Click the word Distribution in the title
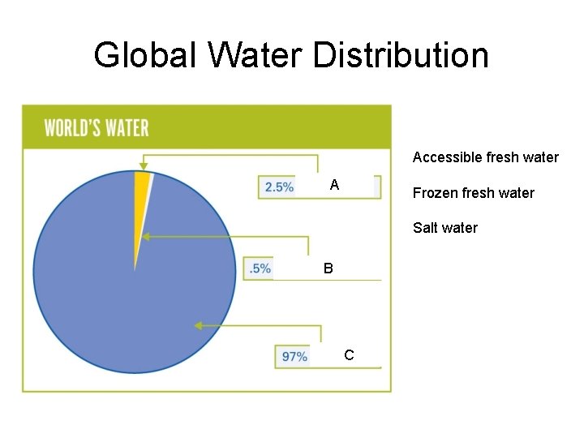point(401,55)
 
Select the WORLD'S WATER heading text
point(97,128)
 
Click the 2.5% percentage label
point(279,187)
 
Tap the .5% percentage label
point(260,268)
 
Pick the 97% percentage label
point(294,356)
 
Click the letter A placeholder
point(334,186)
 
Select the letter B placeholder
point(328,267)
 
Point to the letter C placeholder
point(349,354)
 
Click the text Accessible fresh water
point(485,157)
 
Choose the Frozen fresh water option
point(473,193)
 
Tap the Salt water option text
point(444,228)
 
